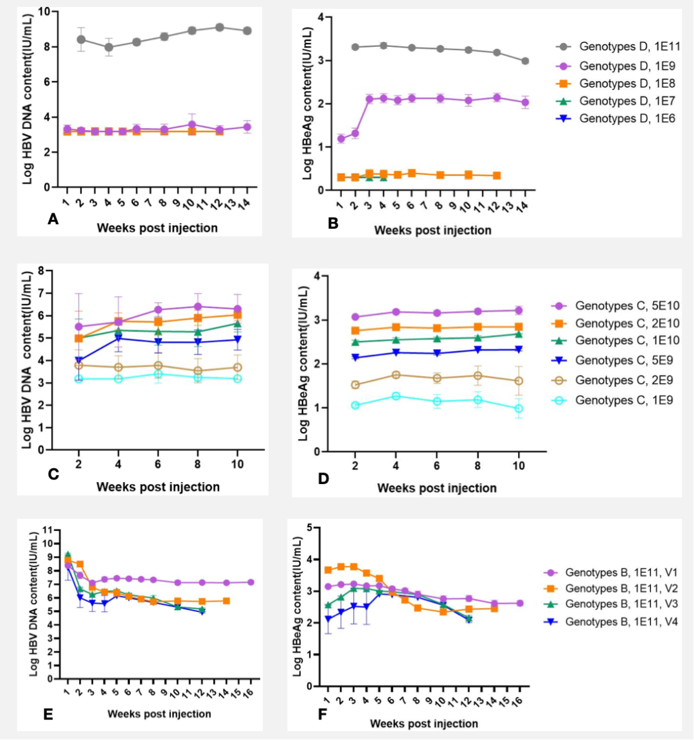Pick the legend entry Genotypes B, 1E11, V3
(x=621, y=604)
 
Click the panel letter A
(x=53, y=220)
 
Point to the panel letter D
(x=323, y=478)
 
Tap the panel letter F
(x=323, y=714)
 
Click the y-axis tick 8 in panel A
(x=46, y=47)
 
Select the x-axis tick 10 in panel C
(x=237, y=464)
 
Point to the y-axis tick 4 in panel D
(x=316, y=276)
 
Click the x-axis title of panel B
(x=432, y=230)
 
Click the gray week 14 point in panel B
(x=525, y=61)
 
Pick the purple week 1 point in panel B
(x=341, y=139)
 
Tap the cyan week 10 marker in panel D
(x=519, y=408)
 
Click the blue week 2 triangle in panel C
(x=78, y=361)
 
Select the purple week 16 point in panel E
(x=251, y=582)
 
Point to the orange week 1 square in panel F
(x=328, y=570)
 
